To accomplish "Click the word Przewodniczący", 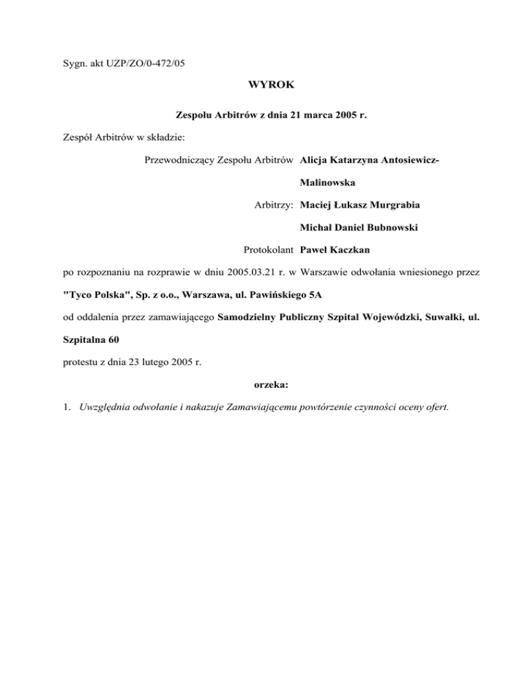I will tap(178, 161).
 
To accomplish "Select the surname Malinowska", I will tap(328, 183).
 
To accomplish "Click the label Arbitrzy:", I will tap(273, 205).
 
